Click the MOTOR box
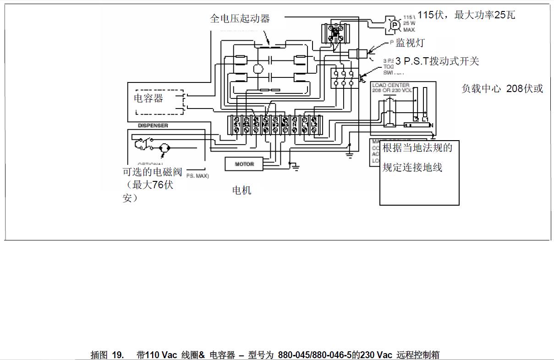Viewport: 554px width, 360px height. tap(245, 164)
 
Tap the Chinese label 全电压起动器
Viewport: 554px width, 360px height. tap(240, 18)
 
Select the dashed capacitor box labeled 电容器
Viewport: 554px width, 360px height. tap(159, 102)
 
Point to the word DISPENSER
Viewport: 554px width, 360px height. tap(153, 125)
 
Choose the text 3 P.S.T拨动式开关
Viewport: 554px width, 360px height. tap(437, 61)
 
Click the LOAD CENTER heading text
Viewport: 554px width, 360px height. tap(391, 85)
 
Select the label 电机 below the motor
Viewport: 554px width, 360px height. tap(241, 190)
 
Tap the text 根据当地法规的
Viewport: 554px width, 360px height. tap(417, 147)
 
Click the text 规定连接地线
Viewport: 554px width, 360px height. tap(412, 167)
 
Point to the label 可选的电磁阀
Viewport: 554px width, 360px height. tap(153, 172)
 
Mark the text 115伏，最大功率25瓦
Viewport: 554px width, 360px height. tap(466, 15)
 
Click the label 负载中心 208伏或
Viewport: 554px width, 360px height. tap(502, 88)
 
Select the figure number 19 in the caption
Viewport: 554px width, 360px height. tap(118, 355)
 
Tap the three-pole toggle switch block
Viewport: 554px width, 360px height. tap(344, 78)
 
